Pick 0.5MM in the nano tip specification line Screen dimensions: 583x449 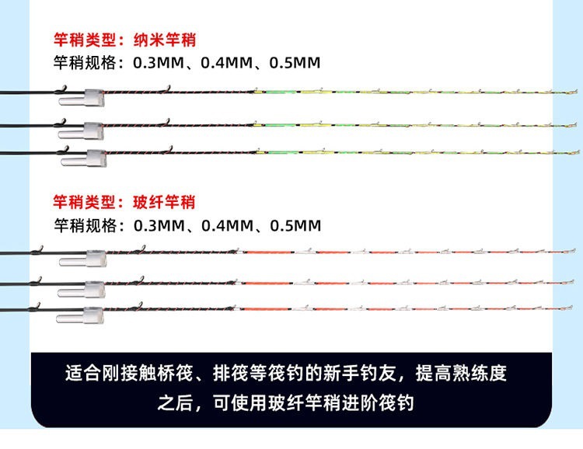point(294,63)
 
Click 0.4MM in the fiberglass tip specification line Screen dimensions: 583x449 point(228,226)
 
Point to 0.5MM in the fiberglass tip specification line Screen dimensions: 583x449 point(295,226)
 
